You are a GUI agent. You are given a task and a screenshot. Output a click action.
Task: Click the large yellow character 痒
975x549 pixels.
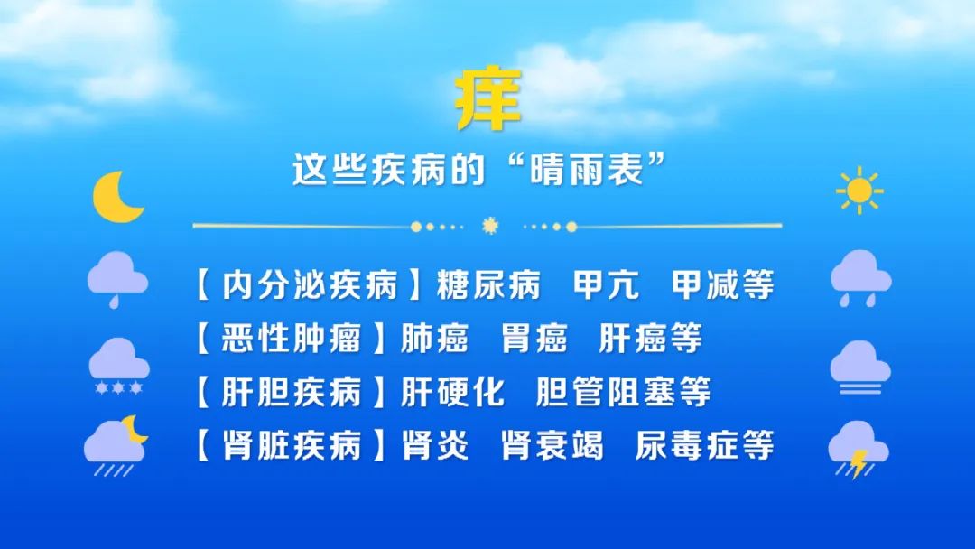[488, 98]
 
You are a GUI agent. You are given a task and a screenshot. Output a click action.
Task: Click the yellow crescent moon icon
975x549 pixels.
[117, 197]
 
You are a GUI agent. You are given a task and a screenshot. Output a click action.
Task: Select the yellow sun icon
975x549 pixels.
[859, 191]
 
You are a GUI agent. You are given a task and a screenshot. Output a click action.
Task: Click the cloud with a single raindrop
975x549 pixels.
[117, 279]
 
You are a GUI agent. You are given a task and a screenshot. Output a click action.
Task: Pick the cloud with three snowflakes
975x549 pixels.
[119, 367]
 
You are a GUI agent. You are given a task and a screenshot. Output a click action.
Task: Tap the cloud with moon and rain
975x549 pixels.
[116, 445]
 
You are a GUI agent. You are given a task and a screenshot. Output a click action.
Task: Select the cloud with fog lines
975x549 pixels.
[860, 368]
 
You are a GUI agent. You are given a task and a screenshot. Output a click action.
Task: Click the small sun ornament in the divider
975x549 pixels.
[490, 226]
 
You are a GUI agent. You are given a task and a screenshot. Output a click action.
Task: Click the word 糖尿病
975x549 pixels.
[488, 285]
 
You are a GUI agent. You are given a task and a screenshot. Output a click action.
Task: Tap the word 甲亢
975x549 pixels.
[606, 285]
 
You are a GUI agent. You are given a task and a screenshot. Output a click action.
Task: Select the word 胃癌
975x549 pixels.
[534, 339]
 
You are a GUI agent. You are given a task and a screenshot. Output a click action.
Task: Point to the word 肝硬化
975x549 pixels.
[452, 392]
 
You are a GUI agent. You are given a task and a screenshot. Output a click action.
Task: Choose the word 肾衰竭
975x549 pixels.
[552, 446]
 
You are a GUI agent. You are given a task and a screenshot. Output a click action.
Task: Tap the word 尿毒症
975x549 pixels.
[687, 446]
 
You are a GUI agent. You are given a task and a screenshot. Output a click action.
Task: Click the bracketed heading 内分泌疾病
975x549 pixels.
[309, 285]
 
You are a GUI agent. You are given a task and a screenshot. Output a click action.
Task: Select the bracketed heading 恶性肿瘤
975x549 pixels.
[291, 339]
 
